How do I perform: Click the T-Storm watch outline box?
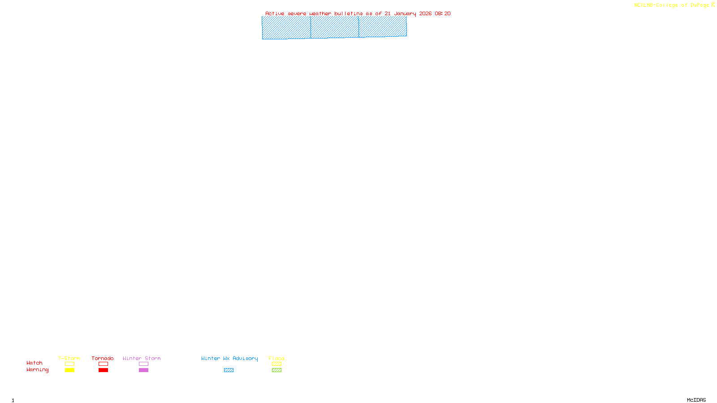69,364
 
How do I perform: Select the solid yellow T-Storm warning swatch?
69,370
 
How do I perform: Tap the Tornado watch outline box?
103,364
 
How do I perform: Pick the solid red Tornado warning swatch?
103,370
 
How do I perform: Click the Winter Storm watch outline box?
143,364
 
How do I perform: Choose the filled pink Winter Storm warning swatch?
143,370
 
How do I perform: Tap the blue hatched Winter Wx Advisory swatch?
229,370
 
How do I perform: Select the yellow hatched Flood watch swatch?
276,364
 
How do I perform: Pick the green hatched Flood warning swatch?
276,370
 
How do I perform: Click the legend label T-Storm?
69,358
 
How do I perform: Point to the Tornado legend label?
103,358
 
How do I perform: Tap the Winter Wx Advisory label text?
229,358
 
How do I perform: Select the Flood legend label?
276,358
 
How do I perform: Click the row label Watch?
35,363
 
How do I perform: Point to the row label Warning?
37,370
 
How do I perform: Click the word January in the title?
405,13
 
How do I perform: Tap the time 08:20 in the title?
443,13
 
